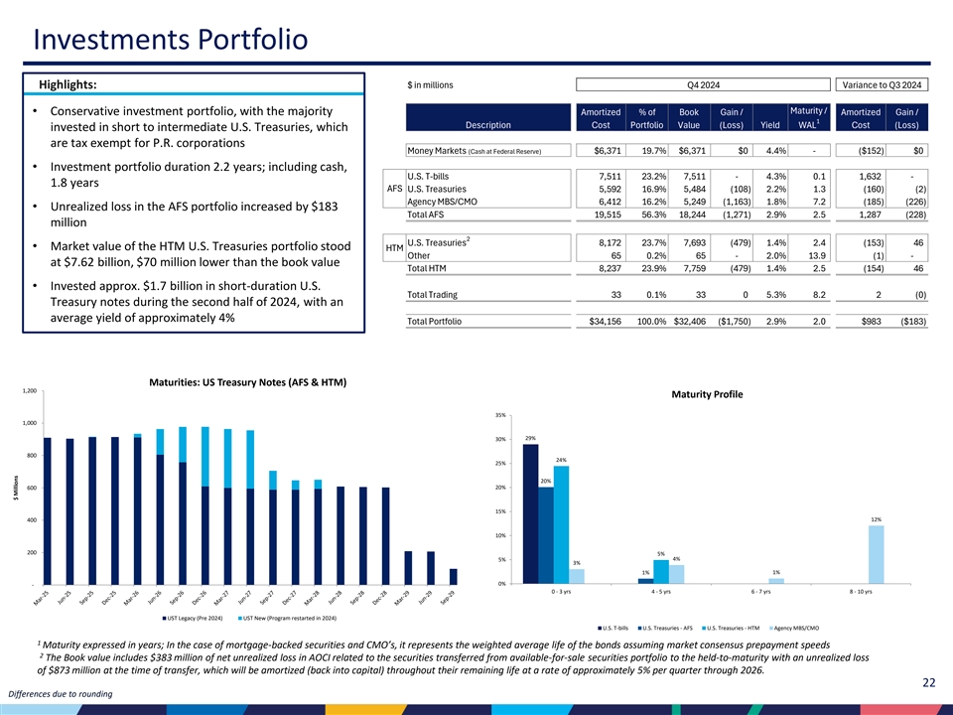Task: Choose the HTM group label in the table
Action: (394, 248)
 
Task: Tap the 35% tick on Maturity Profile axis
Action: (500, 415)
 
